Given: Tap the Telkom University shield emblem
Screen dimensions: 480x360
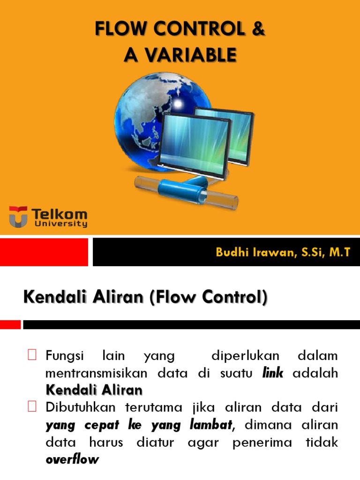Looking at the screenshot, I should coord(18,217).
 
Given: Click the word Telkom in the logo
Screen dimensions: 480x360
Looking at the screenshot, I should coord(60,214).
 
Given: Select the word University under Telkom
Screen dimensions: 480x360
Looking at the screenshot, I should coord(60,224).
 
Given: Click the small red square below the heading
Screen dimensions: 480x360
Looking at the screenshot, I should coord(10,324).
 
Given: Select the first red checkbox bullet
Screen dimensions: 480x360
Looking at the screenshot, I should coord(32,355).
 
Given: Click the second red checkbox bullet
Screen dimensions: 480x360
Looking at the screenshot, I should coord(32,407).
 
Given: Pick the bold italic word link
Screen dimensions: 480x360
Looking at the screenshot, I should coord(273,373).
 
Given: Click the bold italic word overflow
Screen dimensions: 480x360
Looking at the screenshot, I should coord(72,459).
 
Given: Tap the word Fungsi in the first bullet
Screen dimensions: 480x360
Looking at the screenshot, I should coord(65,356).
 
